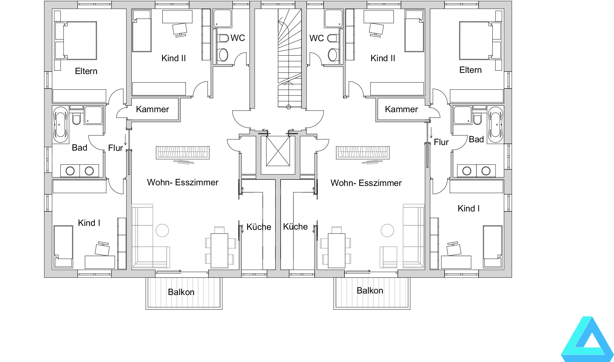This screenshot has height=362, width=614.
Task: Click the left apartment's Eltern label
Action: pos(86,71)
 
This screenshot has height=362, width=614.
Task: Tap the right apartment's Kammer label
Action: pos(401,109)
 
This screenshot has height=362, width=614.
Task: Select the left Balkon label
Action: pos(181,292)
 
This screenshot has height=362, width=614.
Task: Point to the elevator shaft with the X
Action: pos(278,151)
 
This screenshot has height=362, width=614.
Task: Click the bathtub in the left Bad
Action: pos(61,124)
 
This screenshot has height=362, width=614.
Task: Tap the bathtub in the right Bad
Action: pos(495,124)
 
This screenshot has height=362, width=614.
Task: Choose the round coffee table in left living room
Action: pos(162,230)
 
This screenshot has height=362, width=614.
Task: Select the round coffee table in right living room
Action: pos(387,230)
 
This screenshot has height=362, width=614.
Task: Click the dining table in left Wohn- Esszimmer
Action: pos(219,250)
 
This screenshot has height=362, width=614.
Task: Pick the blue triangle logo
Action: pos(587,339)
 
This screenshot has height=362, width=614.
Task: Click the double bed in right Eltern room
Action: pos(480,41)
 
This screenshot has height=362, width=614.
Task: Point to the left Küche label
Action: pos(259,227)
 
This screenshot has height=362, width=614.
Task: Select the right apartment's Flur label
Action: pos(441,142)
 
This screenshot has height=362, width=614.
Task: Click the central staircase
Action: pos(290,58)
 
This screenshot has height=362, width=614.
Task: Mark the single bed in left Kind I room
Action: pos(63,247)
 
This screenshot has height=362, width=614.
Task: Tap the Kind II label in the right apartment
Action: pos(383,58)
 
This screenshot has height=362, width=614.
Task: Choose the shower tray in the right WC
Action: pos(333,18)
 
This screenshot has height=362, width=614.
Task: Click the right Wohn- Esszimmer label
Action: pos(366,183)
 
